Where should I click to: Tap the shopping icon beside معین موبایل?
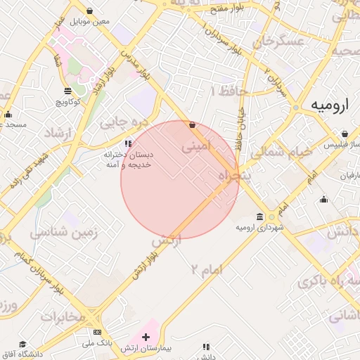90,11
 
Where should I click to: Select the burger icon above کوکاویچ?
67,91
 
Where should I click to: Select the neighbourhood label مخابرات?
62,316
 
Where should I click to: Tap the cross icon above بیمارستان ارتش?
146,337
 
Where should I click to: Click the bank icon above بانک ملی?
97,333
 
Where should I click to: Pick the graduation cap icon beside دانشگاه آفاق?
22,344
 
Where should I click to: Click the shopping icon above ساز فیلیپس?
345,134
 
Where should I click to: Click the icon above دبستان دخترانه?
127,143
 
